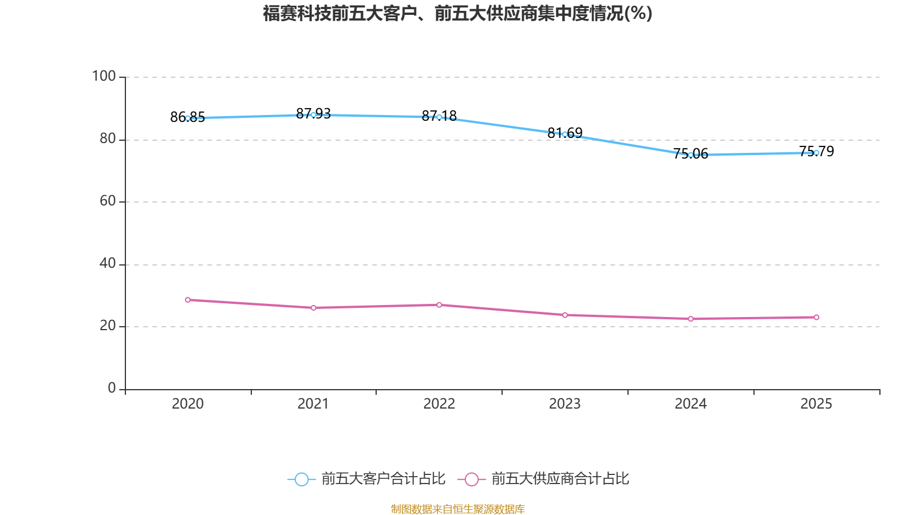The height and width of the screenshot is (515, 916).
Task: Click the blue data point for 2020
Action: pos(188,118)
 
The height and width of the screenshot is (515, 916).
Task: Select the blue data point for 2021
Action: pos(313,115)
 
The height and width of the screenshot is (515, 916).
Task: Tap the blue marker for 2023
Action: pos(564,134)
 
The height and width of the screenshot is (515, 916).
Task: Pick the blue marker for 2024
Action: pos(690,155)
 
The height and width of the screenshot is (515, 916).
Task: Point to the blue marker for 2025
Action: pos(816,153)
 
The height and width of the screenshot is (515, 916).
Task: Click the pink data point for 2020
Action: pos(188,300)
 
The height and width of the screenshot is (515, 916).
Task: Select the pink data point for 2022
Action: pos(439,305)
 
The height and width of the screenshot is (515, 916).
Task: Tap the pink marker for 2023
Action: pos(564,315)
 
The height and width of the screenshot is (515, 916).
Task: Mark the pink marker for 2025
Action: pos(816,318)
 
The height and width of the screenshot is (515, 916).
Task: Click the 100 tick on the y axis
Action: pos(104,76)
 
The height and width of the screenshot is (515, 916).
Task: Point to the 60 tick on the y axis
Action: pos(107,201)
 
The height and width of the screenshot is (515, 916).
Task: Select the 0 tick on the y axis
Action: pos(112,388)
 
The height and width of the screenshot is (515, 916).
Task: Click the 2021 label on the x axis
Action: pos(313,404)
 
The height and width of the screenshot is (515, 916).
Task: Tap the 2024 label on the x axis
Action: pos(690,404)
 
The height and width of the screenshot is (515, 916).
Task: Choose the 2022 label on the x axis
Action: pos(439,404)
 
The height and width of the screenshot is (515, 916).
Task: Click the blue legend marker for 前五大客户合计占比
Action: pos(302,480)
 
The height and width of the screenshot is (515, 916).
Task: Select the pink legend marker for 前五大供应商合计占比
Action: pos(472,480)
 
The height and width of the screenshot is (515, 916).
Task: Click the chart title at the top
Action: pos(457,13)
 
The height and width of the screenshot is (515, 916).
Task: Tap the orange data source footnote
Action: pos(457,509)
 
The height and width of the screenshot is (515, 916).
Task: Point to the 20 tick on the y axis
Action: pos(107,326)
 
